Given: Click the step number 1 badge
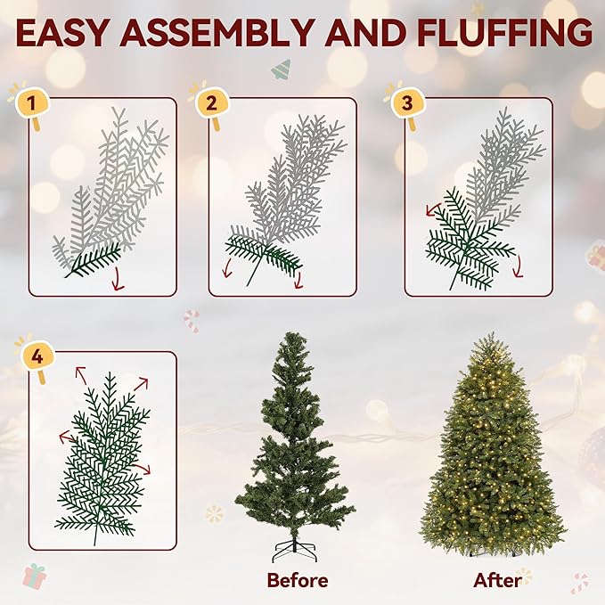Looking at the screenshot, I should (x=32, y=104).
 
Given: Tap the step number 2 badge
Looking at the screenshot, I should (x=211, y=102).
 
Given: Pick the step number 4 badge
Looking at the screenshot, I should (x=37, y=357).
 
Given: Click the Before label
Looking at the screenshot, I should (x=297, y=580).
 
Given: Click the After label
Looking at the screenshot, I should (x=498, y=580).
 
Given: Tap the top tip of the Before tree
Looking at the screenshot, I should (x=291, y=336).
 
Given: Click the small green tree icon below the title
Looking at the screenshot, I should (x=282, y=69).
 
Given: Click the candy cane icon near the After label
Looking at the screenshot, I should (x=580, y=582).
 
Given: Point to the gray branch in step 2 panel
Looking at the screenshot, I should (x=294, y=178).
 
